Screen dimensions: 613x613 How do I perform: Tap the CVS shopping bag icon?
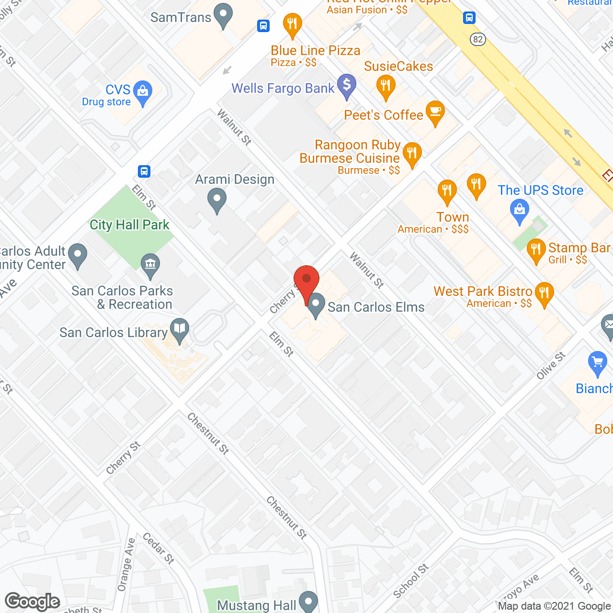142,91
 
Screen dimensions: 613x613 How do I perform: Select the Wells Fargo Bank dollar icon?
347,85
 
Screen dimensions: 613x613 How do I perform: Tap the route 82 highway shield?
477,39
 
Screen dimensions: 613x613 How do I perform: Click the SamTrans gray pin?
223,15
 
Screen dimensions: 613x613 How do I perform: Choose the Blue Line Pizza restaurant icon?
292,24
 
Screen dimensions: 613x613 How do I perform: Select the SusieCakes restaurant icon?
386,87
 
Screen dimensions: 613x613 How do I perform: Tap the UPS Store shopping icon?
520,210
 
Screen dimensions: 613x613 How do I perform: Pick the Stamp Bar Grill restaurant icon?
536,250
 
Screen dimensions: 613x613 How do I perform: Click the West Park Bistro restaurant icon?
544,293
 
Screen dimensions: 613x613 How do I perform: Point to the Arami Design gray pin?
217,199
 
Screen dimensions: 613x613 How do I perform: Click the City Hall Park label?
129,225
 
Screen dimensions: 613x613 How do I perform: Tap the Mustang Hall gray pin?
308,602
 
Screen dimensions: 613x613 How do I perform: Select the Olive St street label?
551,366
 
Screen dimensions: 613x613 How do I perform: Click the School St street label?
410,581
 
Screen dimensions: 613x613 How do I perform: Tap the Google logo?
33,602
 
